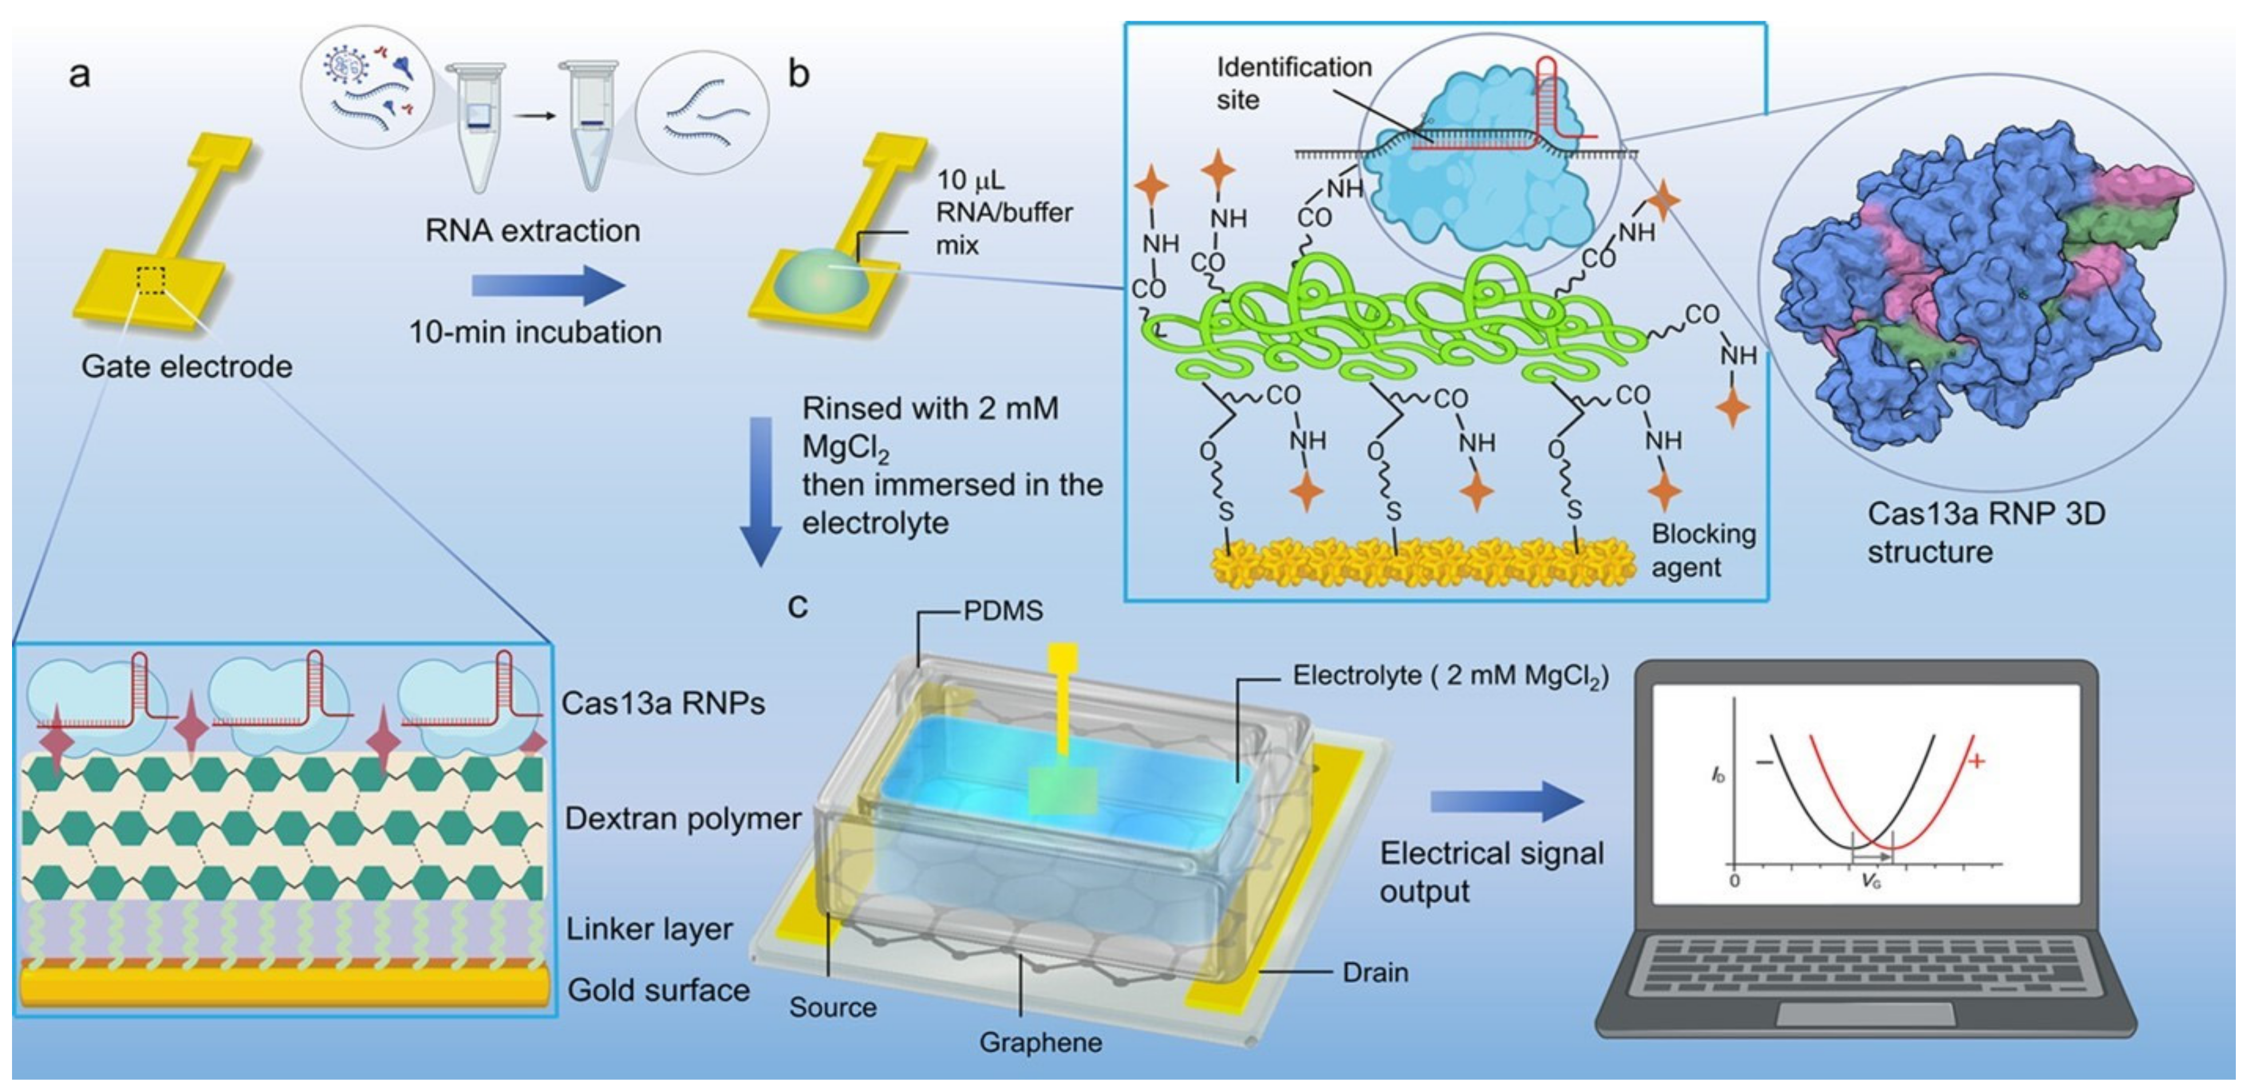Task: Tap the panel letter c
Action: (797, 606)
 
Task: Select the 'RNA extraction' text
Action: (532, 231)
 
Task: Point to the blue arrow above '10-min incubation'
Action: (549, 286)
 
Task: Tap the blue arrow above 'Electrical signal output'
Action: (1506, 801)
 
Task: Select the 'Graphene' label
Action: (1041, 1042)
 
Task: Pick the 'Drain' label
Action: (1375, 972)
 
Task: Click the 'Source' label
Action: (833, 1007)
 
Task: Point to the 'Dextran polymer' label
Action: (682, 819)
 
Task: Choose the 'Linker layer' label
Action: (649, 929)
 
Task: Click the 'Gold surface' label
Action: (658, 990)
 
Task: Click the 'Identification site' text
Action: (1294, 83)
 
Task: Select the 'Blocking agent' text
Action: (1702, 550)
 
